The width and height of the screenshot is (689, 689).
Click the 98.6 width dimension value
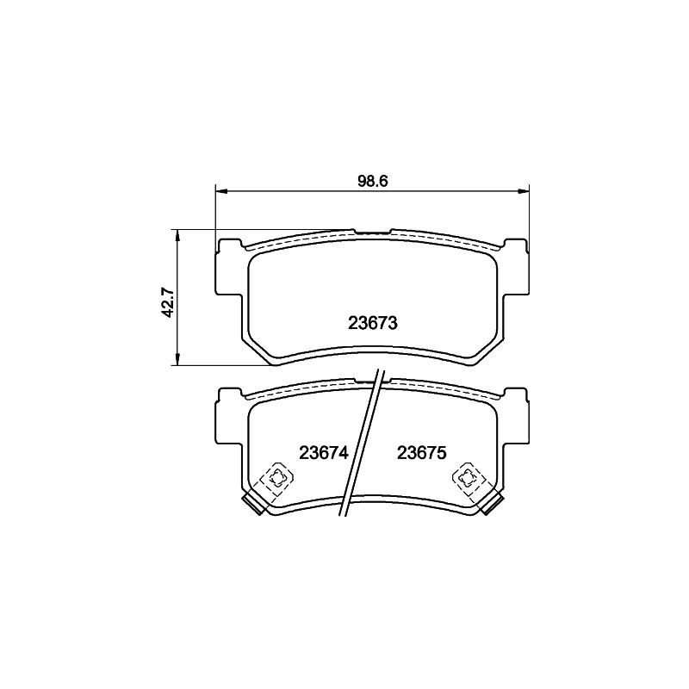(373, 182)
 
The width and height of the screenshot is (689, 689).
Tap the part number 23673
(373, 324)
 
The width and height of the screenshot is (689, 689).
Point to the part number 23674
(324, 453)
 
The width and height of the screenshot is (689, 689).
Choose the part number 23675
(422, 453)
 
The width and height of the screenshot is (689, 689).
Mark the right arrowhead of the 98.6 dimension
(524, 191)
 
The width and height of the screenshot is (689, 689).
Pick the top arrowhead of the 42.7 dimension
(177, 235)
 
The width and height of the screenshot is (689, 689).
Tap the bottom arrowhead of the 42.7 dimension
(177, 359)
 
